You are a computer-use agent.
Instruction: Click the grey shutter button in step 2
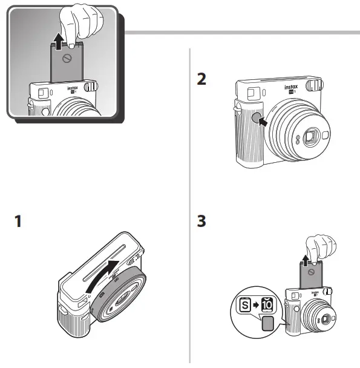click(x=255, y=117)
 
